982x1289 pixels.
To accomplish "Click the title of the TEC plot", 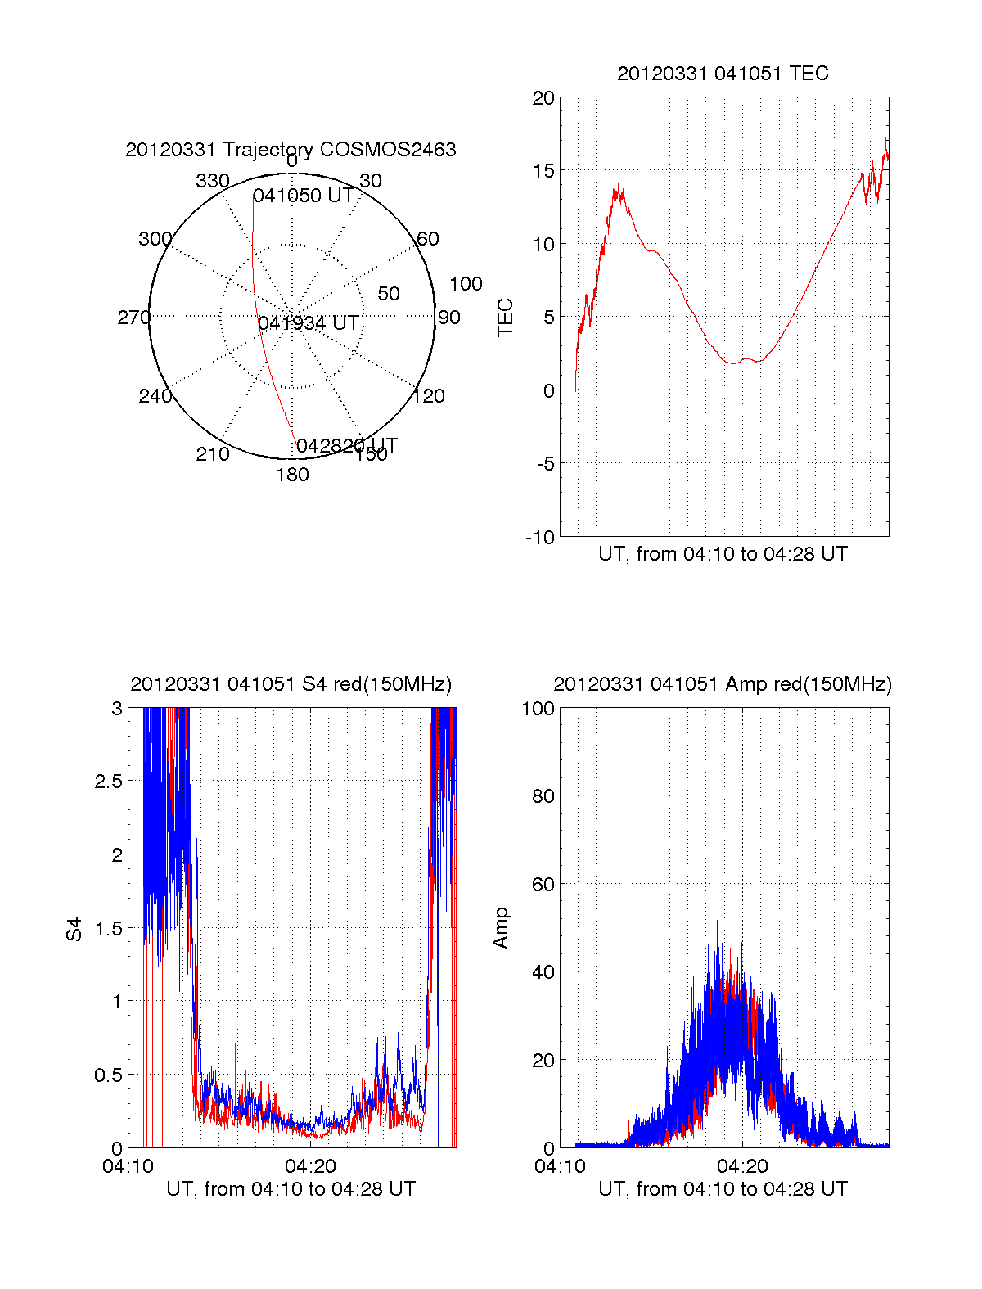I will point(723,74).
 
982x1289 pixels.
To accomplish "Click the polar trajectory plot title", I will point(291,150).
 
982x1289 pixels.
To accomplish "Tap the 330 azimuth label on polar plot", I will point(213,181).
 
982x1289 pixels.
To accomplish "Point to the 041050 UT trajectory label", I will point(304,196).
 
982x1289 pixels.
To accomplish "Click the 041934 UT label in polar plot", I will point(309,323).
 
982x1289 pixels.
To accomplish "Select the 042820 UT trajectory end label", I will point(347,446).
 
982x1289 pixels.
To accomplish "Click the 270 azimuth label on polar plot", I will point(133,318).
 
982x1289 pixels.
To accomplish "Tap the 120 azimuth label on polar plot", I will point(429,396).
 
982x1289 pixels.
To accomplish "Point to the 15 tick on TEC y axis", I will point(543,171).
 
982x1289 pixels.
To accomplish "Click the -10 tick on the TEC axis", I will point(540,537).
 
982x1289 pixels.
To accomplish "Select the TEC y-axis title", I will point(506,318).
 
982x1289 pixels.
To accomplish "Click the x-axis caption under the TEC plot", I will point(723,554).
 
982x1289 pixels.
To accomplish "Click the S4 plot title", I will point(291,684).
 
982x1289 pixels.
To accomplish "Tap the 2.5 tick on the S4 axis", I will point(109,782).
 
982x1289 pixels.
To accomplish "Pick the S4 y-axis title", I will point(74,929).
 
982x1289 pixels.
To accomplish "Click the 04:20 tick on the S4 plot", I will point(310,1166).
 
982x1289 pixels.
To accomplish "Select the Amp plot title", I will point(723,684).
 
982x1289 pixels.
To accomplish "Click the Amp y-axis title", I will point(501,928).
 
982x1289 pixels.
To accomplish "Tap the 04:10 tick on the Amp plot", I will point(561,1166).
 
